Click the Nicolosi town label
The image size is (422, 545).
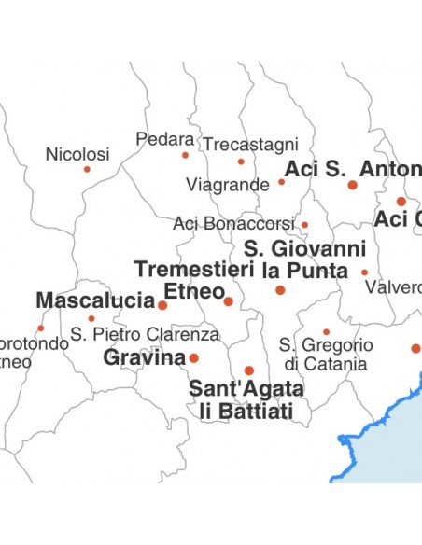[x=77, y=154]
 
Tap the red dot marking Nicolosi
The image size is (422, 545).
[x=87, y=169]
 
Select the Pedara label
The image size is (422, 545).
[x=164, y=139]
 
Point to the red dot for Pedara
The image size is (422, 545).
[x=185, y=155]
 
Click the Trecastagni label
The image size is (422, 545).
[x=251, y=145]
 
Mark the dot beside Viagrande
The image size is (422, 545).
[x=281, y=182]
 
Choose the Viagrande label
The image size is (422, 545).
[x=228, y=184]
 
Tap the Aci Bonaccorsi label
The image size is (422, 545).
[x=233, y=224]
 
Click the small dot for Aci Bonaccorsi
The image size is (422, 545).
[x=304, y=225]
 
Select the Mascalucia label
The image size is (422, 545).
[x=94, y=300]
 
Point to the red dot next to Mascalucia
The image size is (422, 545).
[x=162, y=305]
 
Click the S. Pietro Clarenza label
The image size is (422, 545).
[x=145, y=334]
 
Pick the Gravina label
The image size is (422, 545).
[x=145, y=357]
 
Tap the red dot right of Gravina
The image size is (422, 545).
[x=194, y=357]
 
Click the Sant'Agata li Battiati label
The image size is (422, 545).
[x=246, y=399]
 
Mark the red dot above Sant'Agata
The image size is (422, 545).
[x=249, y=370]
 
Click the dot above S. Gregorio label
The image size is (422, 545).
[x=326, y=331]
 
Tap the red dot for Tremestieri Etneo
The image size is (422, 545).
[x=229, y=300]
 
